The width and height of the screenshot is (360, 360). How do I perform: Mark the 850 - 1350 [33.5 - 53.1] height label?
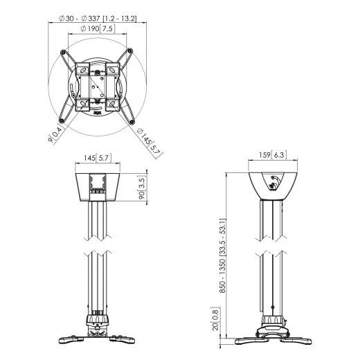(x=222, y=253)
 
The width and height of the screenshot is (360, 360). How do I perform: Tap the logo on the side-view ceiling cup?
(x=274, y=184)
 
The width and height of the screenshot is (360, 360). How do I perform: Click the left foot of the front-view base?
(x=69, y=338)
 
